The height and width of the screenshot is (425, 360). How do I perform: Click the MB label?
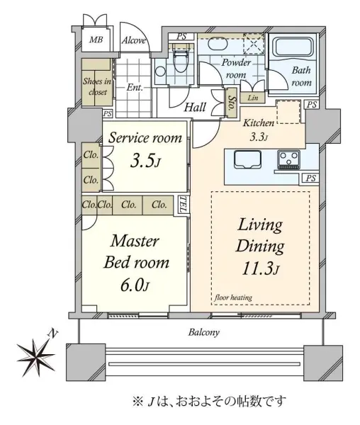(x=96, y=40)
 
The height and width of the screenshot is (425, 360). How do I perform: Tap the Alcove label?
(x=134, y=40)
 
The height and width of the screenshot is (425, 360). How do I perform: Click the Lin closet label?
(x=253, y=98)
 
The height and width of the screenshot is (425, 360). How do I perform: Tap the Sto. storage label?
(x=232, y=103)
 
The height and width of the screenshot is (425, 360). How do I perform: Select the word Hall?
(x=195, y=107)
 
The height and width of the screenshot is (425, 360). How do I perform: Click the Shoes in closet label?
(x=97, y=86)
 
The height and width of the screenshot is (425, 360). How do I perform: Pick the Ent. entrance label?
(x=135, y=88)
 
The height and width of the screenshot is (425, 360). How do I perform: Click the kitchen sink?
(x=248, y=159)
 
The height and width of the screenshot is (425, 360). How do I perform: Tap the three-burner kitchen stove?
(x=288, y=160)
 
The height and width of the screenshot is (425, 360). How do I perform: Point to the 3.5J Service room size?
(x=145, y=161)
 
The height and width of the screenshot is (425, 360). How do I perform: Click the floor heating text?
(x=233, y=297)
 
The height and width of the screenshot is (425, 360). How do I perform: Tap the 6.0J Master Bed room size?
(x=135, y=285)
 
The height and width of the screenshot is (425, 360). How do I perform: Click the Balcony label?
(x=204, y=332)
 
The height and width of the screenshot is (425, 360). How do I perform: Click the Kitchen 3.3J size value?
(x=259, y=137)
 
